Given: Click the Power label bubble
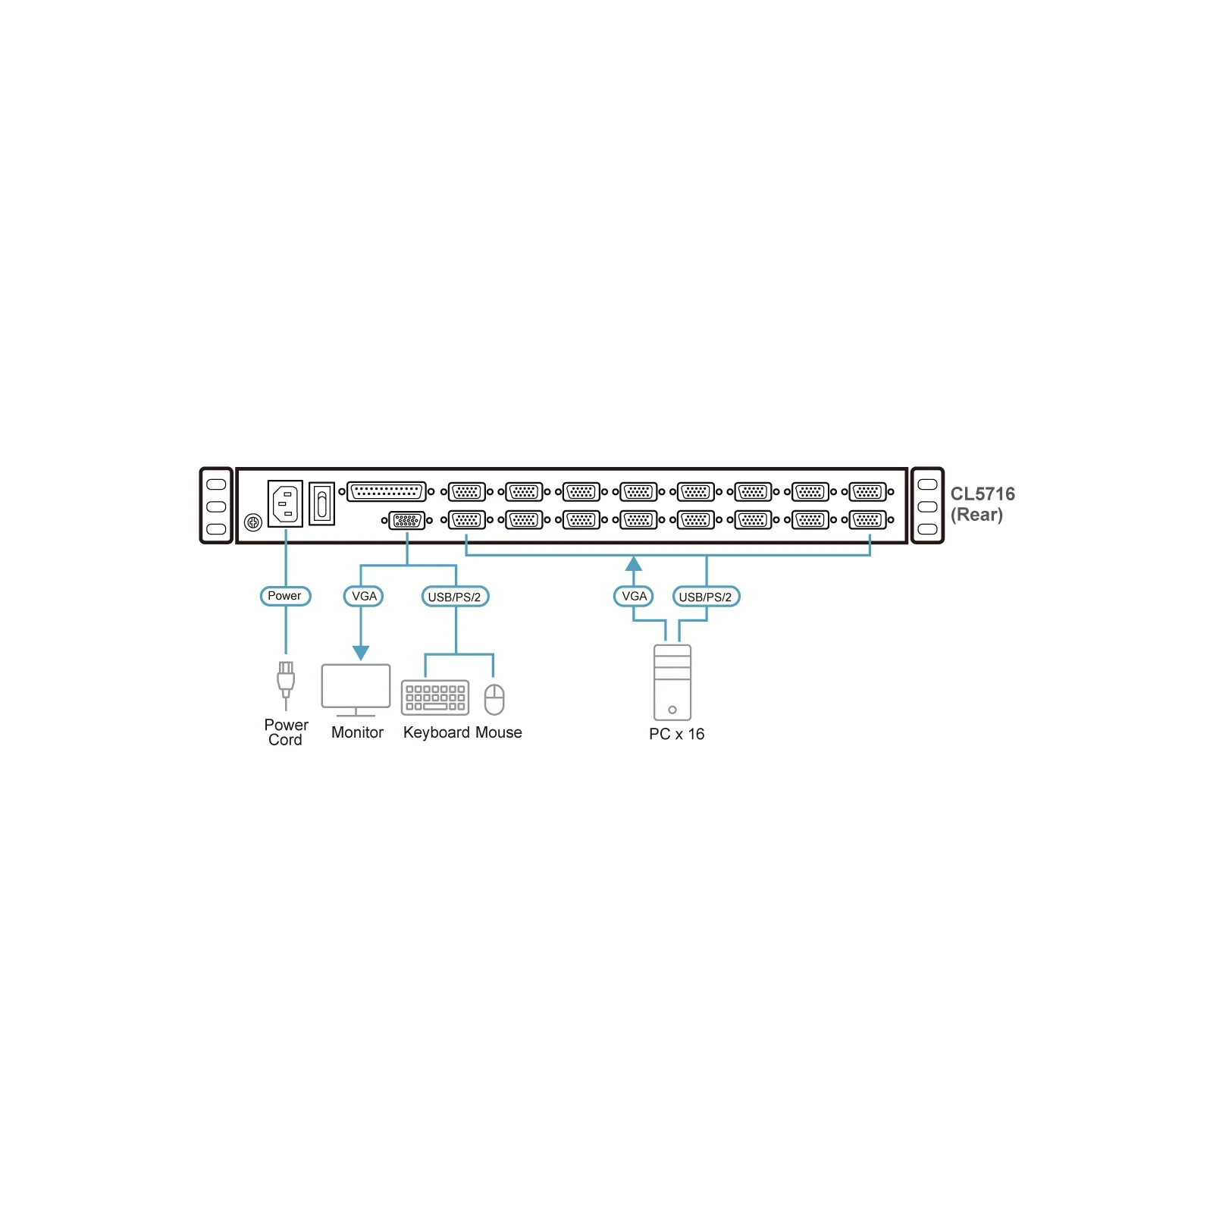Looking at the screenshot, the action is click(x=285, y=596).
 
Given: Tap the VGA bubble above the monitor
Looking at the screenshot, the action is click(x=363, y=596).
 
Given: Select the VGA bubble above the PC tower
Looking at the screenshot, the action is click(x=633, y=596).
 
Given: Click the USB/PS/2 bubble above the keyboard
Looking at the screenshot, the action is click(x=455, y=597).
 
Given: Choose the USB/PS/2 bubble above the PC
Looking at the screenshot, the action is click(x=706, y=597).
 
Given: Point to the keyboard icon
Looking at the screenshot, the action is click(x=435, y=697).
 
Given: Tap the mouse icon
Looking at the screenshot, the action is click(x=494, y=699).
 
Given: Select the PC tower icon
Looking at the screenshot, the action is click(x=672, y=682).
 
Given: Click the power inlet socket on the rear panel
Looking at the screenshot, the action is click(x=285, y=503).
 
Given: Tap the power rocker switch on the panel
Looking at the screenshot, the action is click(x=322, y=504).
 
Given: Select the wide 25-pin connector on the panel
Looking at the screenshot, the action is click(x=387, y=491).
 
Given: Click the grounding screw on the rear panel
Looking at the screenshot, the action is click(x=253, y=522).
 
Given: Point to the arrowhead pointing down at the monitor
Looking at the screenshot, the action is click(x=361, y=653).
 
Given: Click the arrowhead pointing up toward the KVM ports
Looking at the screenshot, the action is click(x=634, y=563).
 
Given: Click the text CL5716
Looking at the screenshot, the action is click(x=983, y=494).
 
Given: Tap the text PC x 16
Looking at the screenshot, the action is click(x=676, y=734).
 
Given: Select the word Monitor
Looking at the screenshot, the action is click(x=357, y=732).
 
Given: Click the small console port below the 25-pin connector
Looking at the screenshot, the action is click(x=407, y=520).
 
